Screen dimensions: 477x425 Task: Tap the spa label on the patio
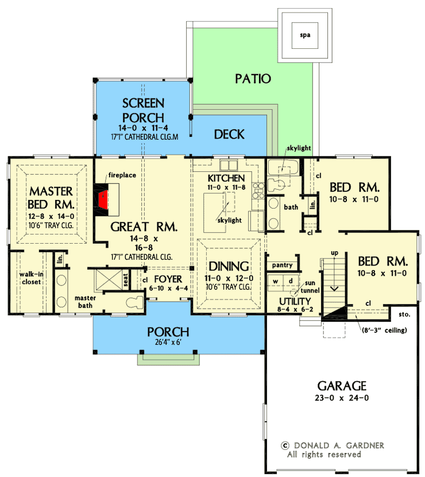(304, 34)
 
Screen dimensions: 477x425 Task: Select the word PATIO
(253, 79)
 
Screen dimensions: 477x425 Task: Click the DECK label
(229, 134)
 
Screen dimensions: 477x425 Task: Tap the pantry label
(283, 266)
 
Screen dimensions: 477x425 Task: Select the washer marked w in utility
(276, 280)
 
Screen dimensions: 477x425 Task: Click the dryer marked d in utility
(290, 280)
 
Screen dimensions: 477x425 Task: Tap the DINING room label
(229, 266)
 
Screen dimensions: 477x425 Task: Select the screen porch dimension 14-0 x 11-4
(143, 128)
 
